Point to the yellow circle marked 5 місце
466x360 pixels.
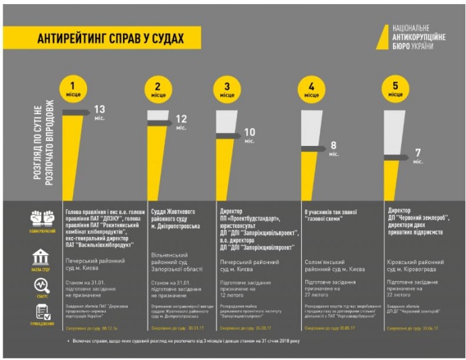[x=396, y=89]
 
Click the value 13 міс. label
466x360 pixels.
[x=100, y=112]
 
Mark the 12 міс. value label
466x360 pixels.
[x=182, y=122]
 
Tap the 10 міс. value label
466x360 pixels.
[x=250, y=135]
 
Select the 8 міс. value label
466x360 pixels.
[x=334, y=149]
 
